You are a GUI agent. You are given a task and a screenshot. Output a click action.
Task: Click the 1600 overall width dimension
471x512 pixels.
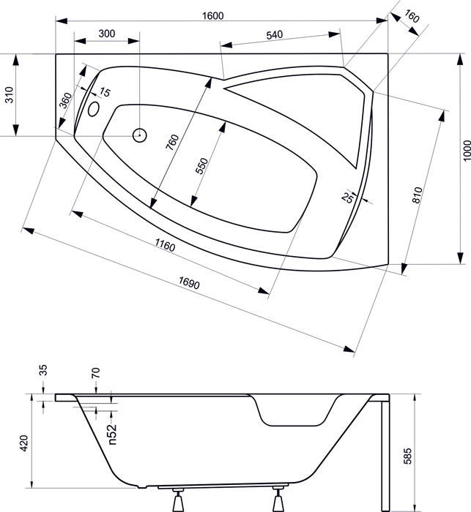pos(213,15)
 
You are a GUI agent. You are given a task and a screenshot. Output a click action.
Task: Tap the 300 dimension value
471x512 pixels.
pos(107,34)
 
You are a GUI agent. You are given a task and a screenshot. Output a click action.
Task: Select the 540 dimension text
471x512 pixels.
pos(274,34)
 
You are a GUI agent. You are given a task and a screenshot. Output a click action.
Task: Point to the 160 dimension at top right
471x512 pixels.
pos(412,15)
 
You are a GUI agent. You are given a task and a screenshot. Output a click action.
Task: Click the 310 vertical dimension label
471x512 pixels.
pos(10,95)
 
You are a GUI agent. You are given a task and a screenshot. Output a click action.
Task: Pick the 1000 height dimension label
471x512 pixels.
pos(467,151)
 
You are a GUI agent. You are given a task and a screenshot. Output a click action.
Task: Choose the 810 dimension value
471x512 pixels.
pos(418,195)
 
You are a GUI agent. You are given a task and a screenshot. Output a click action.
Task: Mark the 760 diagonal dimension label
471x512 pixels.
pos(172,142)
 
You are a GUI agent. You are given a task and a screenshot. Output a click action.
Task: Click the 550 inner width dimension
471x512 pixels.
pos(202,165)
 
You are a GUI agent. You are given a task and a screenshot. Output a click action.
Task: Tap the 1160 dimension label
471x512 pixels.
pos(165,244)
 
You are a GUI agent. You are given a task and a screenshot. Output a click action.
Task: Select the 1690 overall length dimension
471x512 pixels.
pos(189,283)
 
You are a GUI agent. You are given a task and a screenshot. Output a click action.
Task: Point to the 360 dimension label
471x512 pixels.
pos(65,100)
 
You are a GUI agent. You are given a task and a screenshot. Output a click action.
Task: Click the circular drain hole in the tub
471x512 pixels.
pos(139,135)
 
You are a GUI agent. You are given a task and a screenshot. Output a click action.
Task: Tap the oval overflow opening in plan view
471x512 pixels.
pos(94,109)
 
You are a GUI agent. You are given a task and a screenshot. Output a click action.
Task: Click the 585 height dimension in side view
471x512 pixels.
pos(407,456)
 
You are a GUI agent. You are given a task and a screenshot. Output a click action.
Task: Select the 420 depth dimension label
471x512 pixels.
pos(24,443)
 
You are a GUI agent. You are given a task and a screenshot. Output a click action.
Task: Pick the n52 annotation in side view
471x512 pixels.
pos(112,434)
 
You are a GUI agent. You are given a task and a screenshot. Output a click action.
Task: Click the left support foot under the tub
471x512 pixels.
pos(178,500)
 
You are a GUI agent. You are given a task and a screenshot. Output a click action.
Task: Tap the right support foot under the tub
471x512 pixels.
pos(278,500)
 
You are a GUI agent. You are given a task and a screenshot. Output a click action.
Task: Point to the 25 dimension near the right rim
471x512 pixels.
pos(348,197)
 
